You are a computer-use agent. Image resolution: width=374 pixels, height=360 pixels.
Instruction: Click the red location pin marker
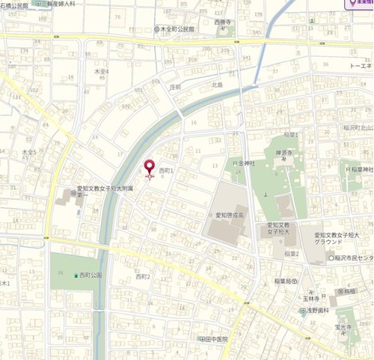point(149,168)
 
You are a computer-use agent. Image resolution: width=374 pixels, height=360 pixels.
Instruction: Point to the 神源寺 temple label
point(282,153)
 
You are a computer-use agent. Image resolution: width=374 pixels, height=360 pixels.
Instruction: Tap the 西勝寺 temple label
point(222,22)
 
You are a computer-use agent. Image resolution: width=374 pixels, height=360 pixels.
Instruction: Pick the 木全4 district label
point(101,71)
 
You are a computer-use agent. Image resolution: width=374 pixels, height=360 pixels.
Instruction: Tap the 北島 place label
point(217,85)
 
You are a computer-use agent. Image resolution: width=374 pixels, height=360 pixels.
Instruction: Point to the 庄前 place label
point(176,87)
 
